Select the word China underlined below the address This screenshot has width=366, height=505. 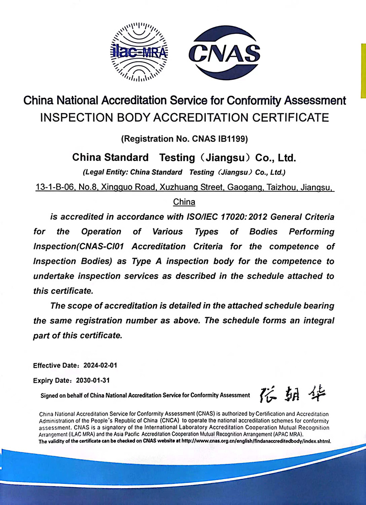pyautogui.click(x=184, y=202)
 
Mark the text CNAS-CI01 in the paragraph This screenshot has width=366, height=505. pyautogui.click(x=104, y=246)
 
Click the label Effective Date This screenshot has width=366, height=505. pyautogui.click(x=54, y=366)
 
